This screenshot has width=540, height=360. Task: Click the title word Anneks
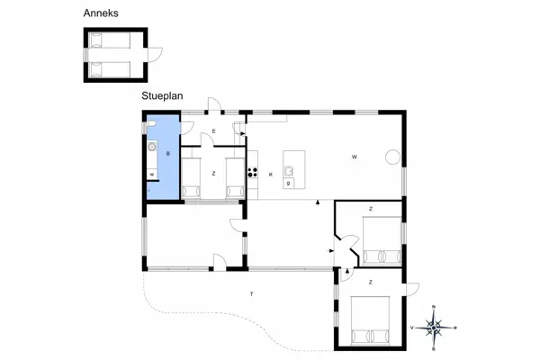click(101, 13)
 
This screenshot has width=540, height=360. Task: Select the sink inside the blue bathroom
click(151, 147)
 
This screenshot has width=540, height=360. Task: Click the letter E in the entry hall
click(213, 132)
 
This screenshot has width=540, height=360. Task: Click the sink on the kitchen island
click(289, 170)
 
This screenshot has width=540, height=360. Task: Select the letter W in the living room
click(355, 157)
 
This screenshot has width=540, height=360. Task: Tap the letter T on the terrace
click(252, 294)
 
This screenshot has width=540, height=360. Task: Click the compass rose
click(434, 328)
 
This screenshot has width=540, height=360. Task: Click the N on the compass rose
click(434, 309)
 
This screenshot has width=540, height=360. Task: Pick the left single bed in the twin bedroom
click(191, 179)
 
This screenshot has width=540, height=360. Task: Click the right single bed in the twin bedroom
click(235, 179)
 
